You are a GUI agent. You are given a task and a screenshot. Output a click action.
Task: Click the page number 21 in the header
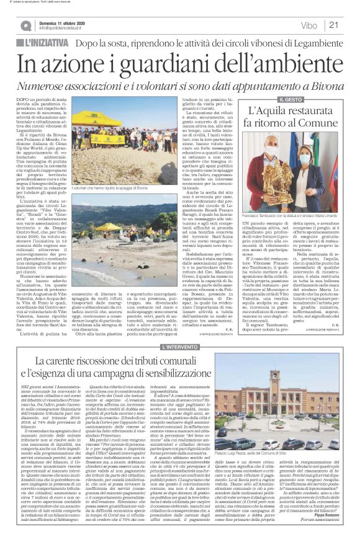tap(334, 25)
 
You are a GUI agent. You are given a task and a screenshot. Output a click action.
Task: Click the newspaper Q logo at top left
tap(25, 25)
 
